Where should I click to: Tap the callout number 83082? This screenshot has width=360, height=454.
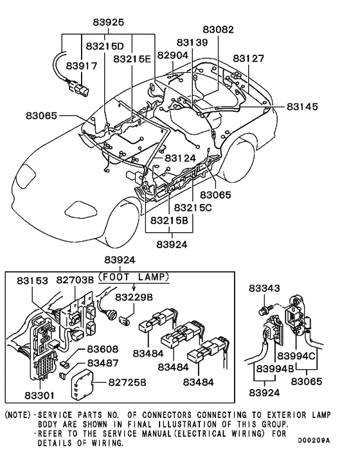click(218, 30)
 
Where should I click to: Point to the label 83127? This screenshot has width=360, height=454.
click(248, 58)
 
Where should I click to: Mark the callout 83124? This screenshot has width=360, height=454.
click(180, 158)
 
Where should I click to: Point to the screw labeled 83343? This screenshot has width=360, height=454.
click(265, 311)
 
